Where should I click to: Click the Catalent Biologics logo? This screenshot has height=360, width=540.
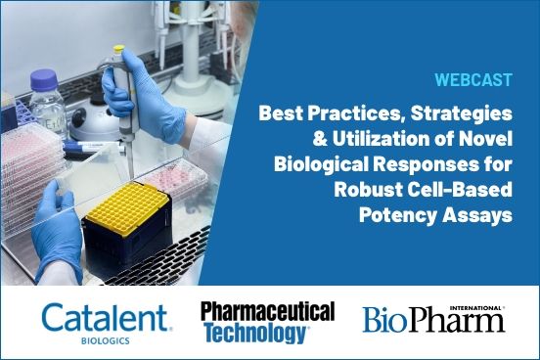tap(107, 320)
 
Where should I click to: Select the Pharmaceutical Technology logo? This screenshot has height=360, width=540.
tap(267, 322)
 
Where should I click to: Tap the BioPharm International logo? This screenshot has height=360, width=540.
tap(433, 319)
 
